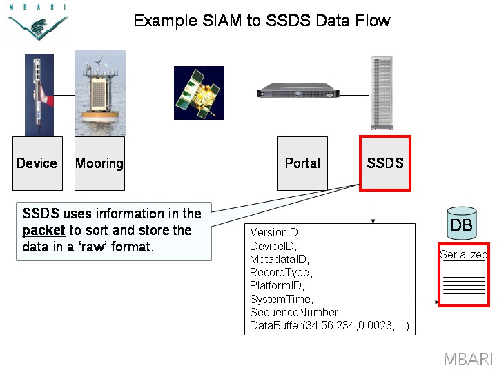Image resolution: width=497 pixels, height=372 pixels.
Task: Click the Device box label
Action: click(x=37, y=163)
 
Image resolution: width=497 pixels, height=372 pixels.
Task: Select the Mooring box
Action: click(x=99, y=163)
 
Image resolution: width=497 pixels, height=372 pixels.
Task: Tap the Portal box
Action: click(x=302, y=163)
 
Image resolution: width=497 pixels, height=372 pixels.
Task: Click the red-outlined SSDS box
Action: click(x=385, y=163)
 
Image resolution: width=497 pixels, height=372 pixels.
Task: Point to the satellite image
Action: click(x=199, y=93)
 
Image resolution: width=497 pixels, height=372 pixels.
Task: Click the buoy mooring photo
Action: click(x=100, y=93)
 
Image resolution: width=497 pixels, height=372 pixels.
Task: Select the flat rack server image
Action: click(x=298, y=90)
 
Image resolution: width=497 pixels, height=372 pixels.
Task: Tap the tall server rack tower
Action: click(x=382, y=93)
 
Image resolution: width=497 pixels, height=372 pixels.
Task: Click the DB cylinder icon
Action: click(x=462, y=223)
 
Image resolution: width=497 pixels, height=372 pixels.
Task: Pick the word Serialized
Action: click(x=464, y=254)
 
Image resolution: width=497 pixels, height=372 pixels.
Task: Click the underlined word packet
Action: click(x=43, y=230)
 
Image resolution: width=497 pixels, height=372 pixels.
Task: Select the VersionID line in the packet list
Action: click(x=275, y=233)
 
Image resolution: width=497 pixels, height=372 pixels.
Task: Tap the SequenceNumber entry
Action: click(x=295, y=312)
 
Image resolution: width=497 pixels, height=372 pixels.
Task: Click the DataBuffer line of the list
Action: click(x=329, y=325)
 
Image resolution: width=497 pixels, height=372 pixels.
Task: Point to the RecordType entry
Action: click(x=281, y=272)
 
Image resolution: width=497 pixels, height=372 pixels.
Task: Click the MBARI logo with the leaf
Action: click(x=37, y=22)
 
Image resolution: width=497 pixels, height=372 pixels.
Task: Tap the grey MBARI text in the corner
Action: click(x=468, y=360)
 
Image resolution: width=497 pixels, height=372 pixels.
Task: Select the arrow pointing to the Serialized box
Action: click(x=427, y=302)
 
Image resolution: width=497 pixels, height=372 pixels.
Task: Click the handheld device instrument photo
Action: click(x=39, y=95)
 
